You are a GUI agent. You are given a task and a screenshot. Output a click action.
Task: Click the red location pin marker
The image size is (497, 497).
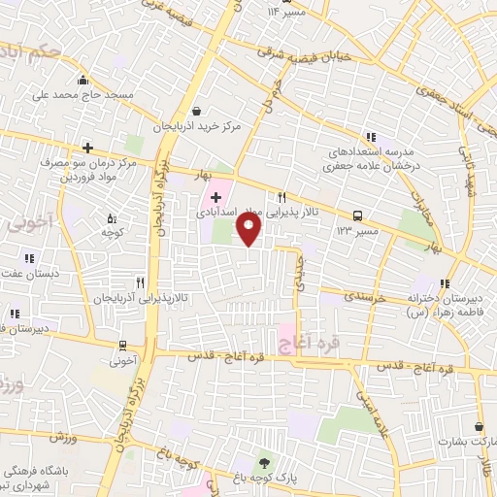[x=249, y=229]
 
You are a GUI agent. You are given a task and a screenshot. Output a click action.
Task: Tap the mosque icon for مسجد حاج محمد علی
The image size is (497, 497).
[x=83, y=81]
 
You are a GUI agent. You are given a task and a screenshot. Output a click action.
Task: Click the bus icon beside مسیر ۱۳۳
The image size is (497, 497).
[x=358, y=215]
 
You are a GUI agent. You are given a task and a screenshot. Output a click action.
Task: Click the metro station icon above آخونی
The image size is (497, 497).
[x=123, y=345]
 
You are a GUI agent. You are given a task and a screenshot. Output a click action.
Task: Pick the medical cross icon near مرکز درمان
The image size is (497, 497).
[x=87, y=148]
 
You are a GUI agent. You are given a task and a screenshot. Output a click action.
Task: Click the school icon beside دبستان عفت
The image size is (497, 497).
[x=29, y=258]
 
